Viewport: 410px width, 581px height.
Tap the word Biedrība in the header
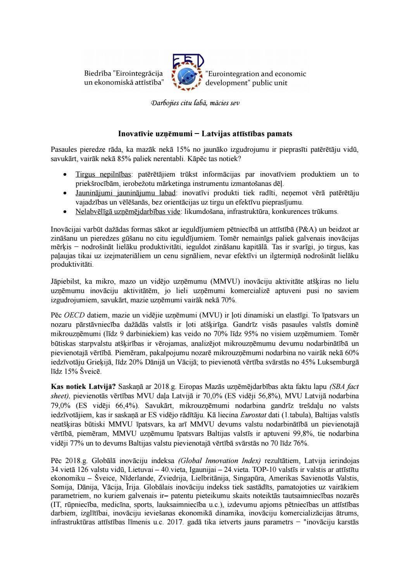pyautogui.click(x=96, y=74)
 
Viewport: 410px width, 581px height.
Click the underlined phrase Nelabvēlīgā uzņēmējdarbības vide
pyautogui.click(x=128, y=212)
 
